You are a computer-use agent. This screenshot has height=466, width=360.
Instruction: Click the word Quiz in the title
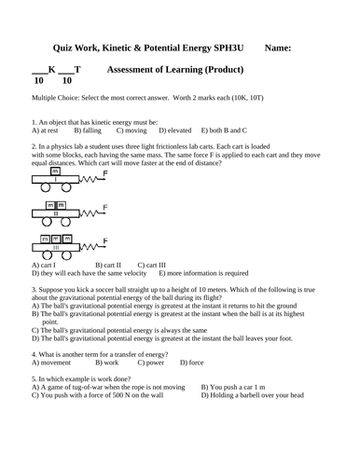click(64, 48)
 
